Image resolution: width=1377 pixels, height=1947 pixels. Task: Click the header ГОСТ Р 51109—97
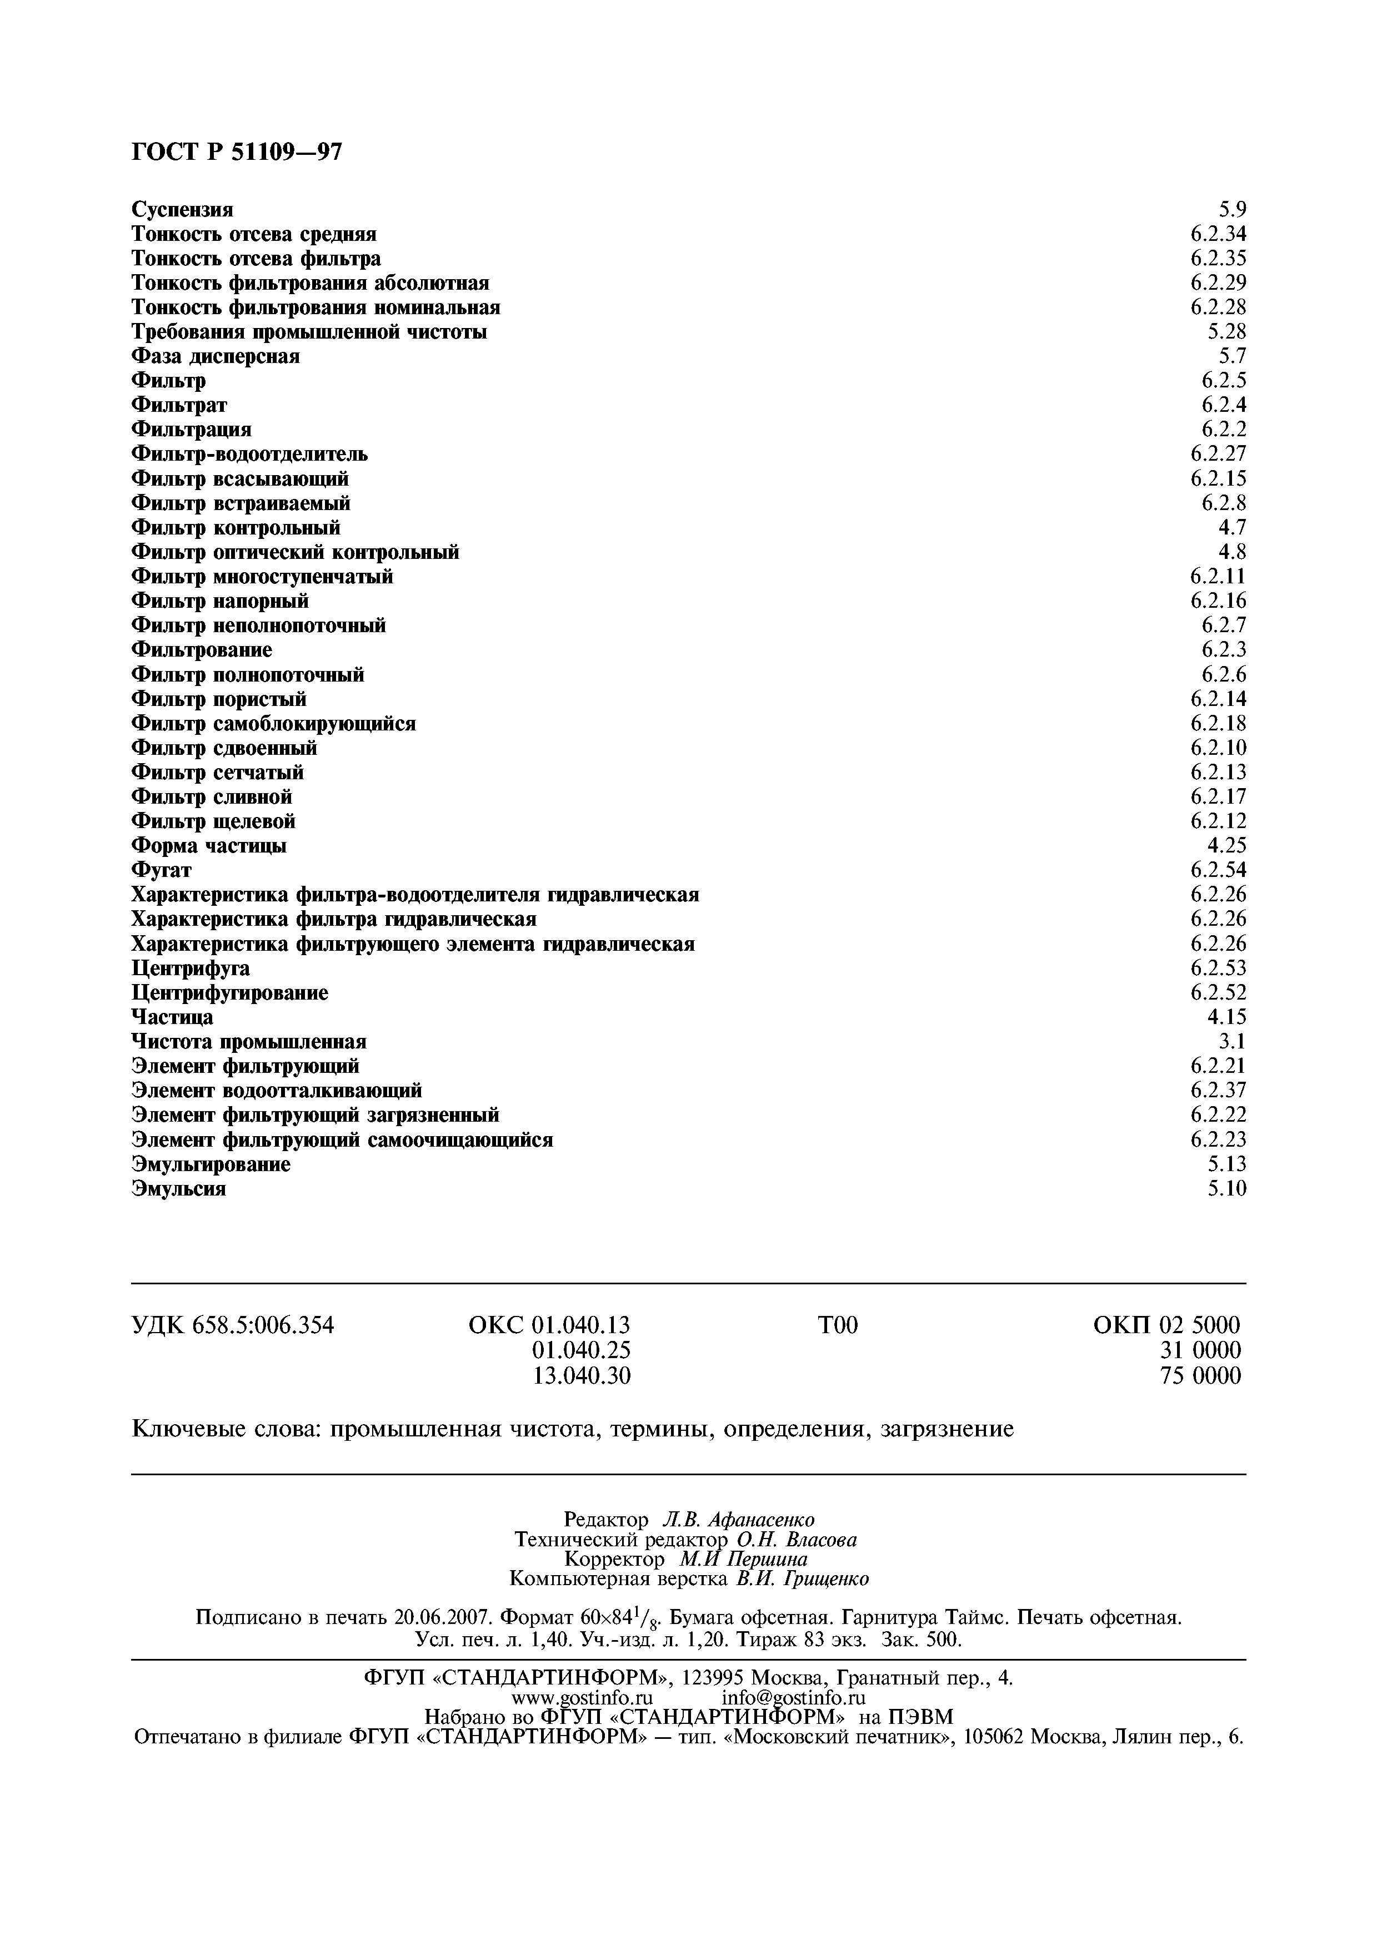coord(237,153)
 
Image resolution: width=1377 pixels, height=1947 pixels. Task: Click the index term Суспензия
coord(182,209)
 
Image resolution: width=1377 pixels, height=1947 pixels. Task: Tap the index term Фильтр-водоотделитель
coord(249,455)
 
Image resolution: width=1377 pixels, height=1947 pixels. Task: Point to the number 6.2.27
coord(1218,455)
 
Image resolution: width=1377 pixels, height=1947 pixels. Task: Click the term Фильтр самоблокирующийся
coord(273,724)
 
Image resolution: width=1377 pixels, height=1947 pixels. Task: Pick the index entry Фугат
coord(161,871)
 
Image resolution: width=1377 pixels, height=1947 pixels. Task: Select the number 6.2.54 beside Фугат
coord(1218,871)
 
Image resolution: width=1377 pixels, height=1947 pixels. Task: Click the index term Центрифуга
coord(190,969)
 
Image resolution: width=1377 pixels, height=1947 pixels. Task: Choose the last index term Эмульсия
coord(178,1189)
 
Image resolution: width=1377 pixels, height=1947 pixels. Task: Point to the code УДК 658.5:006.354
coord(233,1325)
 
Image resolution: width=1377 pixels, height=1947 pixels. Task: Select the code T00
coord(838,1325)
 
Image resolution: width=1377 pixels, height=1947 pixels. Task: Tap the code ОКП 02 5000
coord(1166,1325)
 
